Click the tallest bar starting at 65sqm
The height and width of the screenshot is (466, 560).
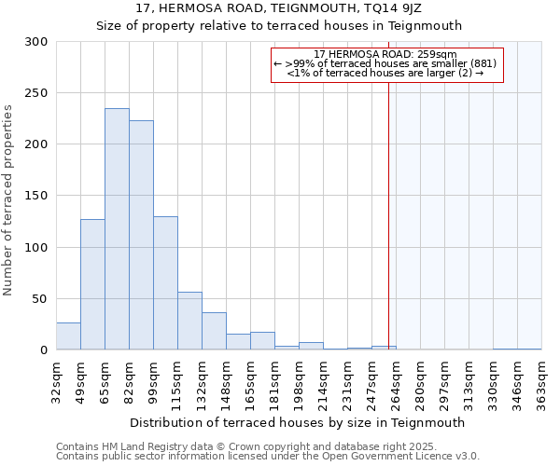click(117, 229)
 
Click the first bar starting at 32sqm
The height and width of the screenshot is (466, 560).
click(68, 336)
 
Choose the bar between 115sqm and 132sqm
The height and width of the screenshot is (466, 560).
click(189, 322)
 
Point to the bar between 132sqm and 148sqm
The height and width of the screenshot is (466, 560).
click(214, 332)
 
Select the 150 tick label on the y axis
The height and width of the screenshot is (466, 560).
click(36, 196)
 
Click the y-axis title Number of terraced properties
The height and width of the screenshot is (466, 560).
click(9, 200)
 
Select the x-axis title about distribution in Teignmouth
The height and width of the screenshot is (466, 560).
click(299, 422)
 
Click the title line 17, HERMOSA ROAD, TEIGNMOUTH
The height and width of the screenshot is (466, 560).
click(280, 8)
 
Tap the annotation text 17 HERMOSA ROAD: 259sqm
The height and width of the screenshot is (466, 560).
click(385, 55)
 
